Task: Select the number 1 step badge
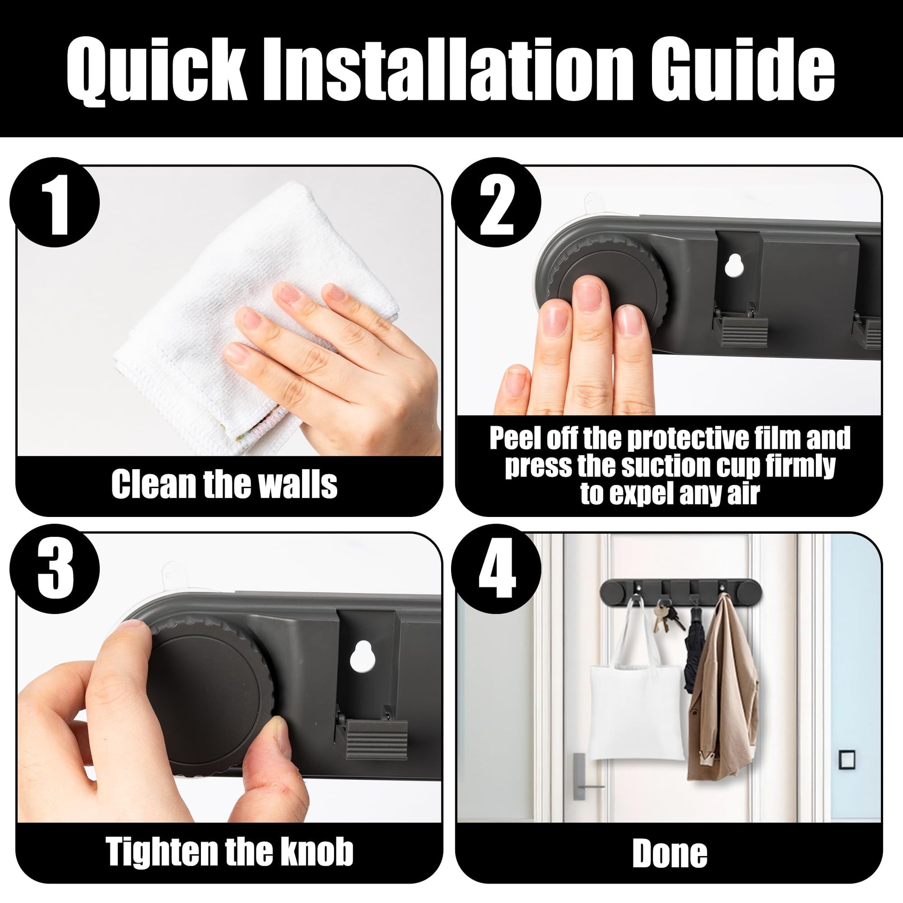click(x=55, y=202)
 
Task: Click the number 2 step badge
click(x=496, y=202)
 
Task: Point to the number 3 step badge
click(x=55, y=569)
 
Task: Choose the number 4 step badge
click(x=496, y=569)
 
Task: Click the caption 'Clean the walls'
click(x=224, y=484)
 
